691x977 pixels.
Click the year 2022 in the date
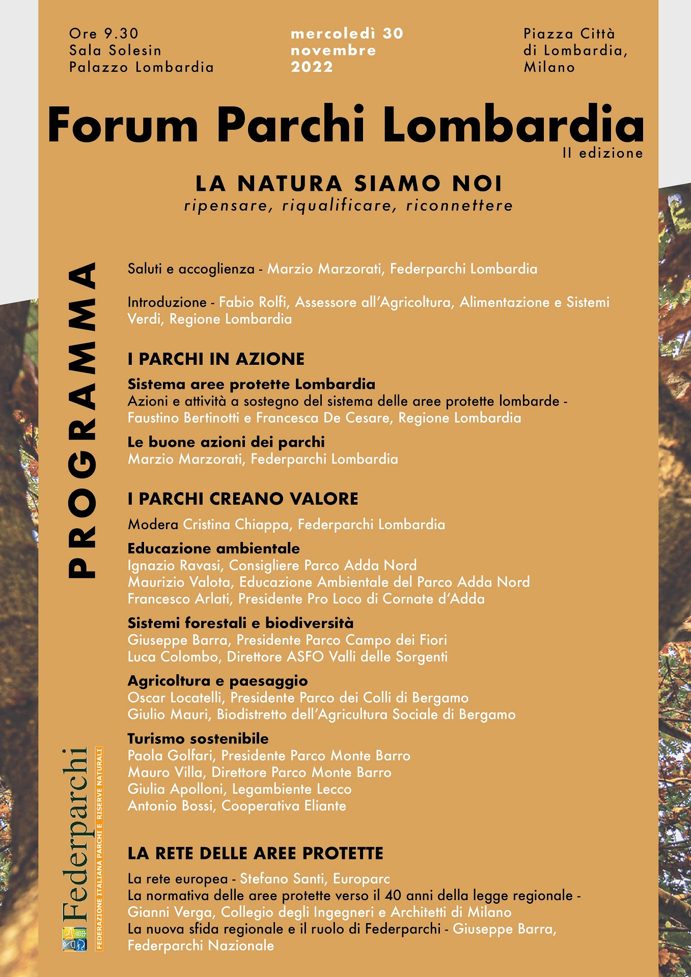coord(312,67)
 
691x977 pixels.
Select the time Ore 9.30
coord(104,34)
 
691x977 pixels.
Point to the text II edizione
coord(603,153)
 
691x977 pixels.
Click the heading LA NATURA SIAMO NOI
coord(349,184)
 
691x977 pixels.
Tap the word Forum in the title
coord(123,125)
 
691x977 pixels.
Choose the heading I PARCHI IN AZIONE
coord(216,359)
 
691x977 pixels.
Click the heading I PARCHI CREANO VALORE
coord(243,499)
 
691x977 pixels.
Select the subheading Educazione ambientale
coord(213,549)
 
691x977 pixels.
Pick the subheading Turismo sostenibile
coord(198,739)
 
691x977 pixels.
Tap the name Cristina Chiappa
coord(236,525)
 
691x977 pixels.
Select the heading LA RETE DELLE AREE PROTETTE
coord(255,853)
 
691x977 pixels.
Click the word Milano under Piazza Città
coord(549,67)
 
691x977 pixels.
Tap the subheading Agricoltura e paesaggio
coord(217,681)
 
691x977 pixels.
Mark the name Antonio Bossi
coord(172,806)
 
